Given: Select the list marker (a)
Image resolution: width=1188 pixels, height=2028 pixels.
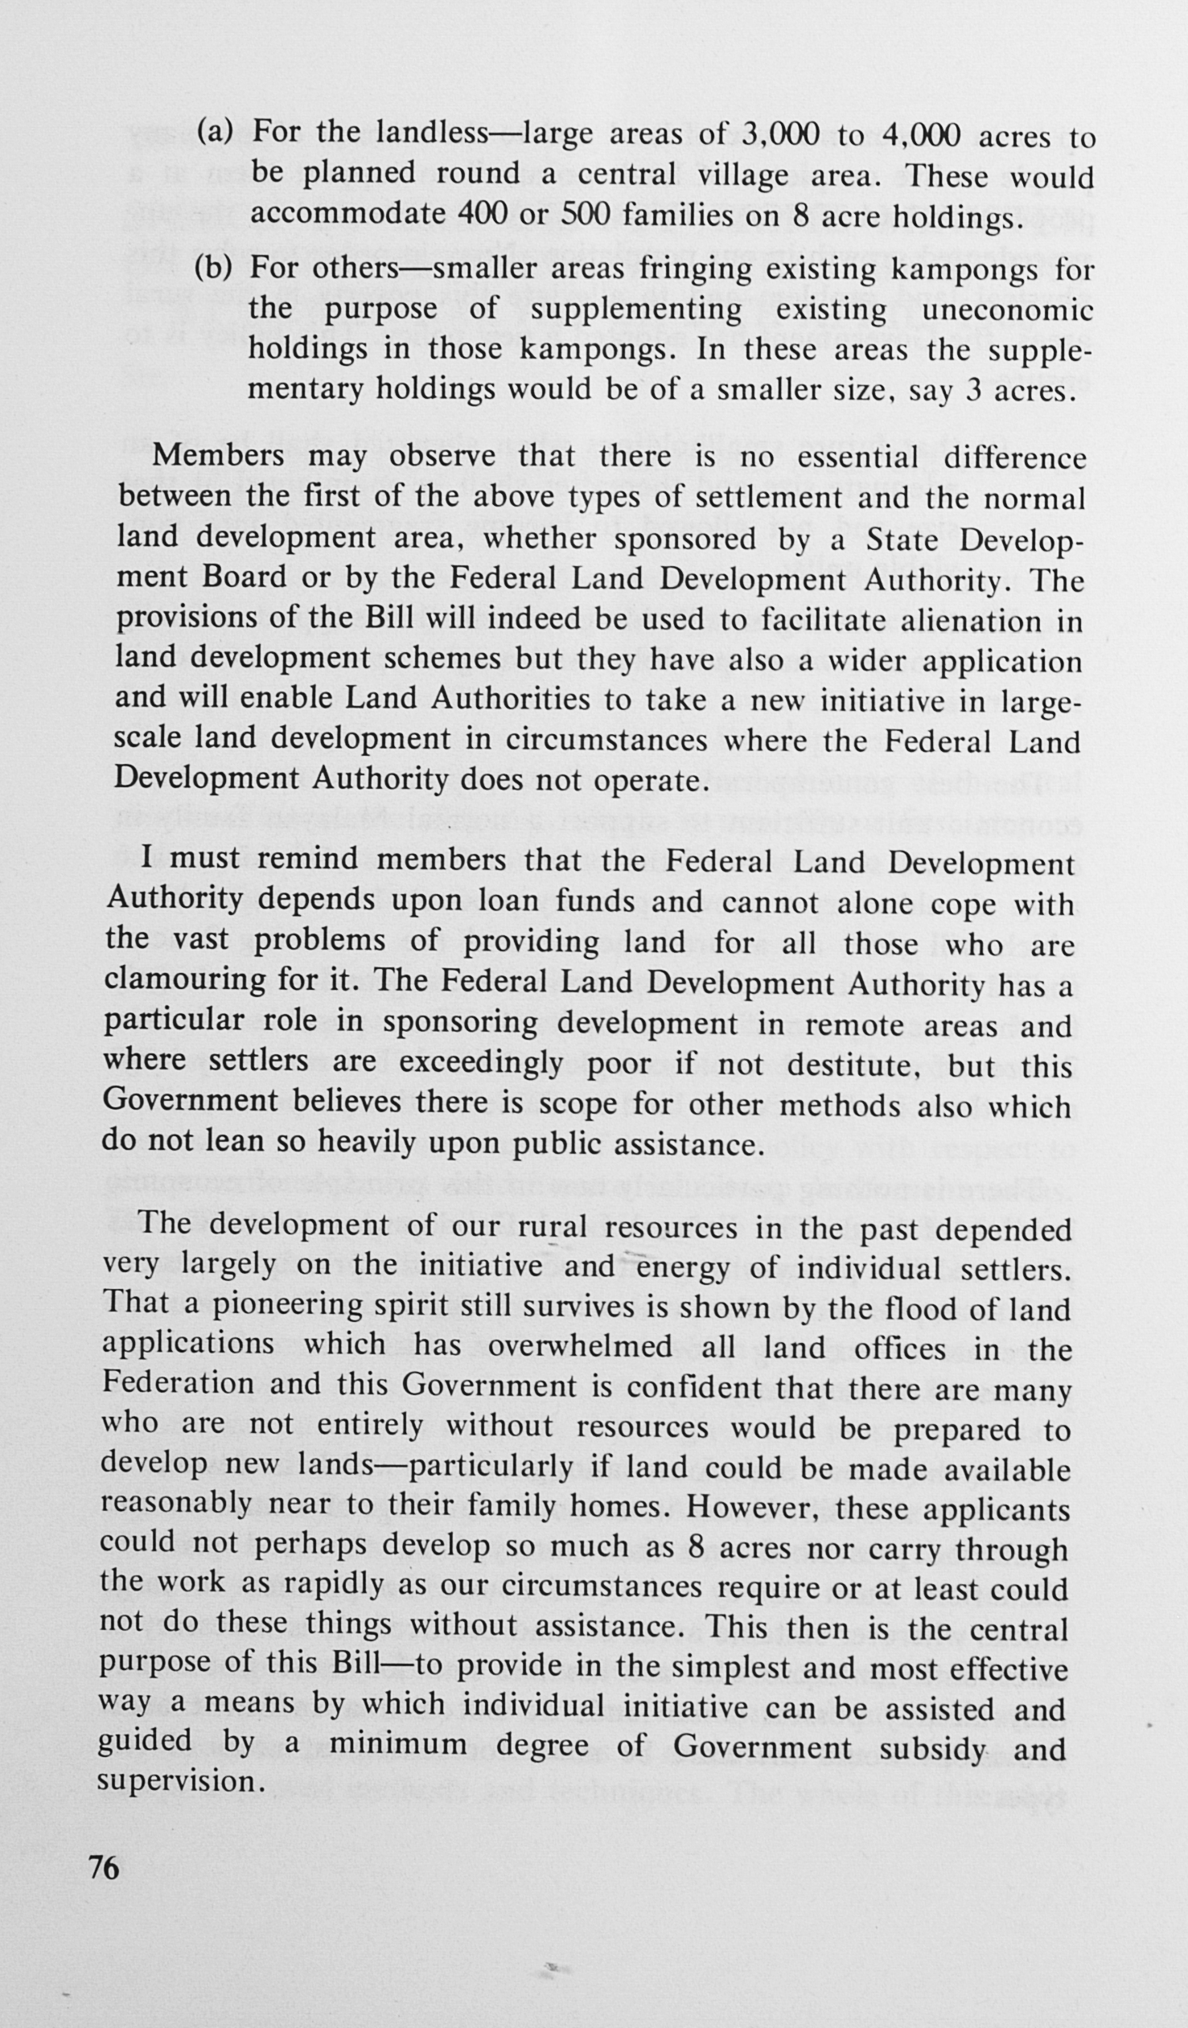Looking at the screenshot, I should tap(214, 131).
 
